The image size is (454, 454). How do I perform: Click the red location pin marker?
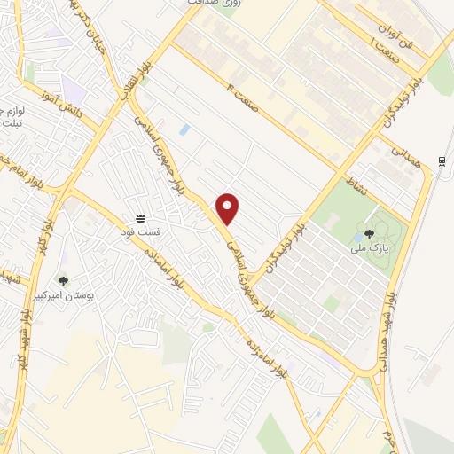[x=228, y=208]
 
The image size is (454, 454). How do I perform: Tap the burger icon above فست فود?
[x=139, y=217]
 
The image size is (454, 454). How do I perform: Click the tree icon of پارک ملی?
[x=369, y=234]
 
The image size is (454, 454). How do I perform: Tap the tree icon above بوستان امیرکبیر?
[x=62, y=281]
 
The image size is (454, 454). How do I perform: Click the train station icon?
[x=441, y=160]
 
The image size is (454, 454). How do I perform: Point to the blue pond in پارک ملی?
[x=356, y=238]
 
